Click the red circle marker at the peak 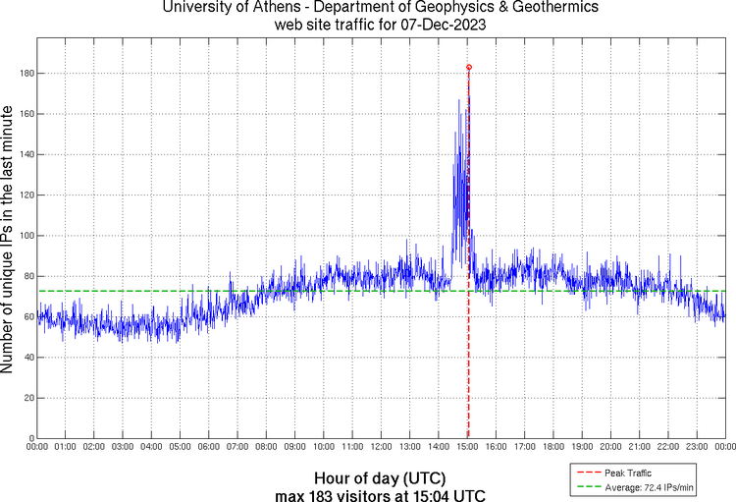469,68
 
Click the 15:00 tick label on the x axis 467,447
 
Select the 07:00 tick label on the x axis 237,447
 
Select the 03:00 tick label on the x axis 123,447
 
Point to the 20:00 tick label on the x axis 610,447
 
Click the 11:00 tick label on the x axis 352,447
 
